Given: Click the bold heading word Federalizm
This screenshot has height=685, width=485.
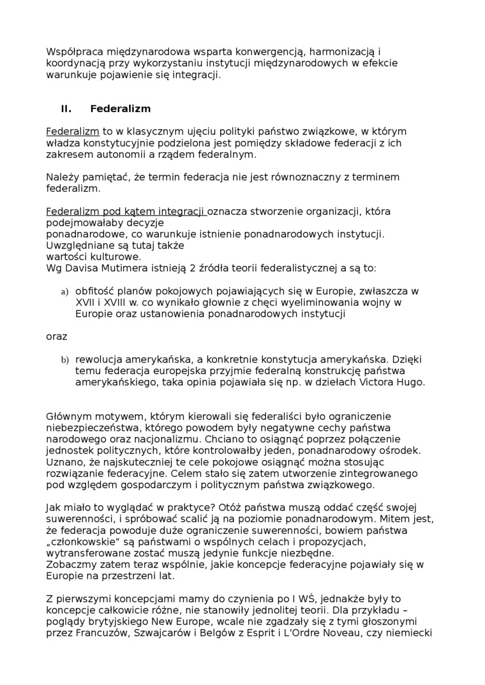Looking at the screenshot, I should [x=120, y=108].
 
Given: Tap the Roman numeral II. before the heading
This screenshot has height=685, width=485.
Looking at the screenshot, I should [x=66, y=108].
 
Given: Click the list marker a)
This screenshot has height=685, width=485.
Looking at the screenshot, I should [x=64, y=292].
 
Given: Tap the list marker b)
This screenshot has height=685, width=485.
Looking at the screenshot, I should [x=64, y=360].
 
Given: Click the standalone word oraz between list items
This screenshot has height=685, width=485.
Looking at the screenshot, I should [x=56, y=336].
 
